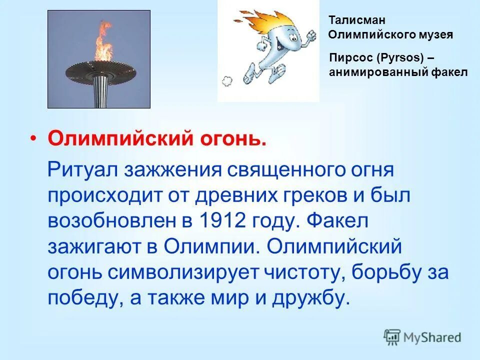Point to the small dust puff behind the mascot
point(225,79)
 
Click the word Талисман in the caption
point(350,20)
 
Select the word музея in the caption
point(436,35)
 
